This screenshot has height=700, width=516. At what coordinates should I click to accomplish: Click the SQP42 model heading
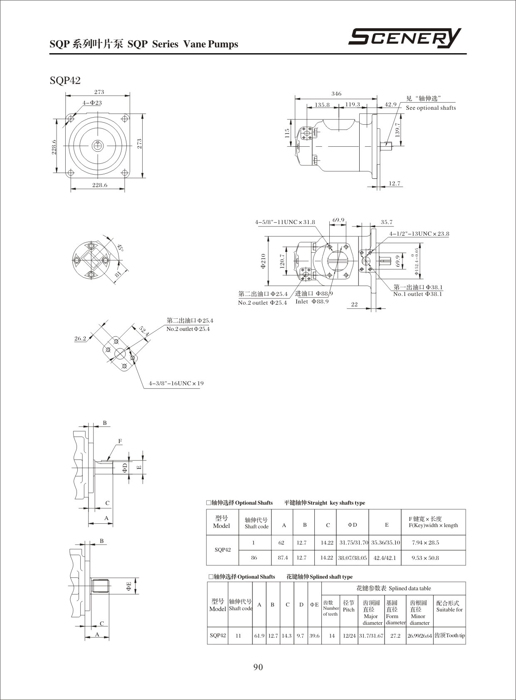[65, 80]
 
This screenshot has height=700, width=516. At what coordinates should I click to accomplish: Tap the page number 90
[258, 667]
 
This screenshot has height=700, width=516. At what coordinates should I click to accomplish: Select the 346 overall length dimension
[336, 94]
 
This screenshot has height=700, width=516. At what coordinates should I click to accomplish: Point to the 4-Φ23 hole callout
[92, 103]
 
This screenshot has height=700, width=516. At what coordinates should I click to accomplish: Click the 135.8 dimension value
[322, 105]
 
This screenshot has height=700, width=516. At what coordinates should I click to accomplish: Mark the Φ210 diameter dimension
[263, 261]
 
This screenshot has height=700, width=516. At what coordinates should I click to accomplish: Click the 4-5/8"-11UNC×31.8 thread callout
[285, 222]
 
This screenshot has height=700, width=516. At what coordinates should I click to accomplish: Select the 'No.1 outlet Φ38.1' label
[417, 294]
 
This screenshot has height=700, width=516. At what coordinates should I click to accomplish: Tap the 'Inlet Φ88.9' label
[312, 301]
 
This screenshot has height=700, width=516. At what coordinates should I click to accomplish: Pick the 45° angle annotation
[121, 248]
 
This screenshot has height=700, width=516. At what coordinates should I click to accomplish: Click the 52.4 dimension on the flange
[144, 331]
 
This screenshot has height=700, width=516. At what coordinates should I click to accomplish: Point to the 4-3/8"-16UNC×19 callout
[176, 383]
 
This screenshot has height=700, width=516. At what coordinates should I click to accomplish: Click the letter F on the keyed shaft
[120, 441]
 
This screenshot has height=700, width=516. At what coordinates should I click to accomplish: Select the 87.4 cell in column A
[283, 558]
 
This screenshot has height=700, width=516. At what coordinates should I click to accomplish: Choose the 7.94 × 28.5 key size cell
[425, 542]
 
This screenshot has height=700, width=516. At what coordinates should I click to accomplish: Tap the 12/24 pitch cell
[349, 636]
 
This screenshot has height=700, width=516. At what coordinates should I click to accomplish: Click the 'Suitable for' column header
[449, 610]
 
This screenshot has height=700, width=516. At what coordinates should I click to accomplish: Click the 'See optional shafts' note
[431, 108]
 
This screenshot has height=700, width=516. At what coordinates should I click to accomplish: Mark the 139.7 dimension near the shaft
[397, 130]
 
